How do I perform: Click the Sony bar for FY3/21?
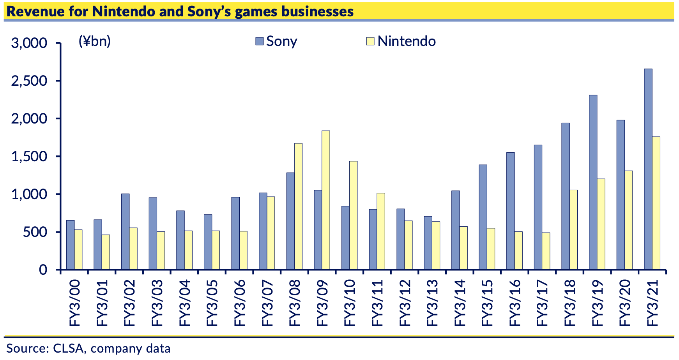[648, 169]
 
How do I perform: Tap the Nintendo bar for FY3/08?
[298, 206]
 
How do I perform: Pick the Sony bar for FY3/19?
[593, 182]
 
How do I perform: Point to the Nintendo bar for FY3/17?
[546, 251]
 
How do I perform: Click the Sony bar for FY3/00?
[70, 245]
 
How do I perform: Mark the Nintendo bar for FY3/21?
[656, 203]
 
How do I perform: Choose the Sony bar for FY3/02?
[125, 231]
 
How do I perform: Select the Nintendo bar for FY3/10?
[353, 215]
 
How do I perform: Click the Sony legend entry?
[277, 41]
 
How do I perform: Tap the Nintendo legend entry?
[401, 41]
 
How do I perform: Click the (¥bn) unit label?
[95, 41]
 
